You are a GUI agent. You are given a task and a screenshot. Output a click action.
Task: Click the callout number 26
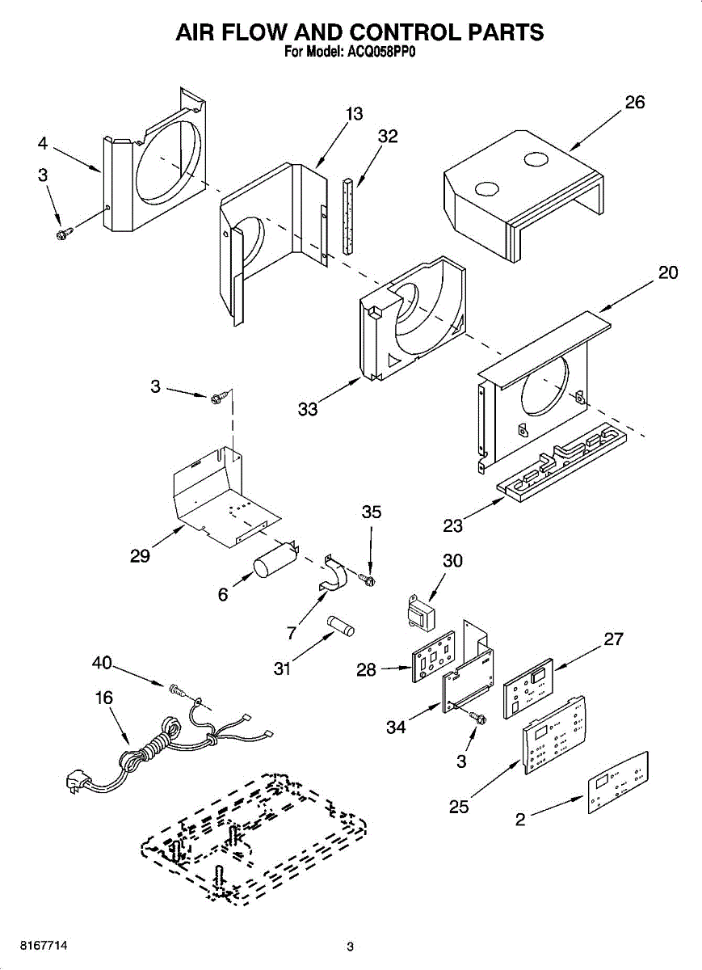click(x=635, y=103)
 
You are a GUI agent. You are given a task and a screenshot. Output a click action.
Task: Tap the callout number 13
click(x=354, y=114)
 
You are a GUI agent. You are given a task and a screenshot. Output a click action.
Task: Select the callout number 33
click(x=308, y=409)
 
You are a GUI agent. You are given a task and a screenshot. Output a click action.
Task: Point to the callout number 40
click(x=102, y=664)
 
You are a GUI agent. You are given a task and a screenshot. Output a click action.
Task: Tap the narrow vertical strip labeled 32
click(x=348, y=217)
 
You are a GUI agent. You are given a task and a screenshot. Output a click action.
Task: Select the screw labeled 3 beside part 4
click(x=63, y=233)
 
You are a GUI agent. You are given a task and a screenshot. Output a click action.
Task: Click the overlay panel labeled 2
click(x=618, y=782)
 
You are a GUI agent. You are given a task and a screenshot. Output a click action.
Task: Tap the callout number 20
click(x=668, y=272)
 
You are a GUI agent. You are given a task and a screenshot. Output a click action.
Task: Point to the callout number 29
click(x=140, y=557)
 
